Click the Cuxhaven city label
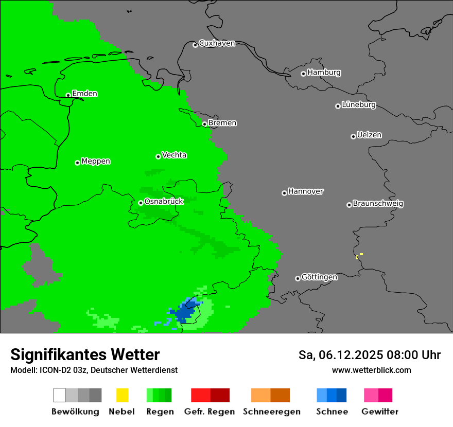[x=217, y=44]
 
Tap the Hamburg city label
[x=324, y=73]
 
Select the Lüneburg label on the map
[x=358, y=105]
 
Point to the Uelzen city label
[x=369, y=135]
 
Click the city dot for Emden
[x=68, y=95]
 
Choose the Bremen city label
[x=222, y=123]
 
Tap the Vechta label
[x=174, y=155]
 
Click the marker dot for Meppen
[x=77, y=163]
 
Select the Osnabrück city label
[x=164, y=202]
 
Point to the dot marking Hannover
[x=284, y=193]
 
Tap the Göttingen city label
[x=319, y=277]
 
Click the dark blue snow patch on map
[x=183, y=313]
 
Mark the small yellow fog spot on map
[x=361, y=254]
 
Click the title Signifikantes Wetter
[x=85, y=354]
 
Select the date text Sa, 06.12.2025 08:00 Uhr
[x=369, y=355]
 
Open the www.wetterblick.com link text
[x=371, y=370]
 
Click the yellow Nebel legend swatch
[x=122, y=395]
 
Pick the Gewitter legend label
[x=379, y=412]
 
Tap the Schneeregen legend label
[x=271, y=412]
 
